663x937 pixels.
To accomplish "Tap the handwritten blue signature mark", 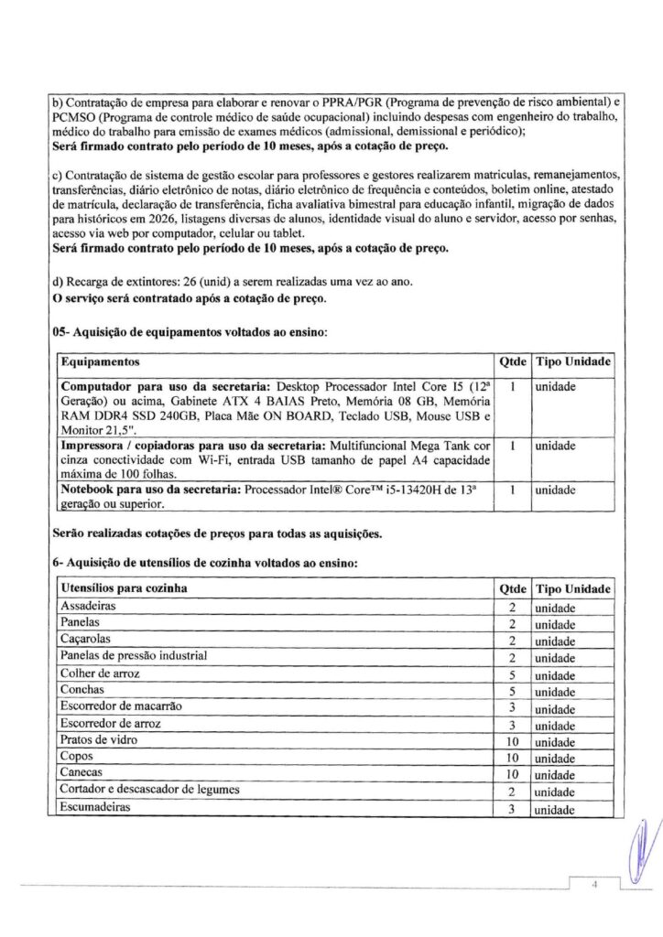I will tap(640, 851).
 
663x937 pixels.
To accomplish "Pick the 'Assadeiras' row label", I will tap(88, 607).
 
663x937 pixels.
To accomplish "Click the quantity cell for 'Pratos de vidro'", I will tap(513, 740).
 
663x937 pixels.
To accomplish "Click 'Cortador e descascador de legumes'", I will tap(149, 791).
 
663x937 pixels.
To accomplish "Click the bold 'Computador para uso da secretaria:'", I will tap(156, 387).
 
